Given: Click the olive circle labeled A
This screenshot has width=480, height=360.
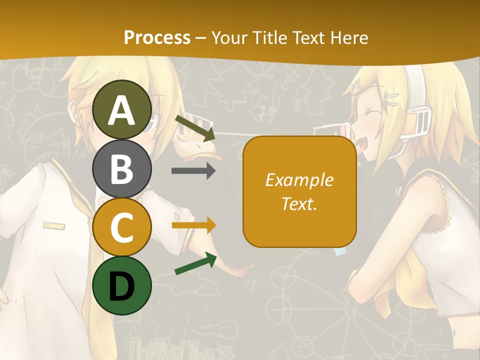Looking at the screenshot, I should tap(122, 109).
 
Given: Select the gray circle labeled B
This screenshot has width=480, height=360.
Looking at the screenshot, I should tap(122, 168).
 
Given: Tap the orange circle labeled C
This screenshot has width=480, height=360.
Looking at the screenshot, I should tap(122, 227).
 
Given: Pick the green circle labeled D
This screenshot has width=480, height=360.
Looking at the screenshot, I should tap(122, 285).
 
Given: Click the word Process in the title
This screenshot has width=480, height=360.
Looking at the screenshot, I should tap(157, 37).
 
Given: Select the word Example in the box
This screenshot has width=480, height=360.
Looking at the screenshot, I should tap(299, 180).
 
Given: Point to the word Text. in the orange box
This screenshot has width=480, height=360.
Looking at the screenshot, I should tap(299, 203).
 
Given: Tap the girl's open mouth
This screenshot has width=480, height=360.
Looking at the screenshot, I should tap(363, 145).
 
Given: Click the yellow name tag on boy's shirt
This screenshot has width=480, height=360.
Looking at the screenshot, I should tap(54, 225).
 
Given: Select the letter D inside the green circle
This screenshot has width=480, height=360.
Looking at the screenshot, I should tap(122, 286).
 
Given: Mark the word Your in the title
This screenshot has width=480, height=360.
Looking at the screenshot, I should tap(228, 37).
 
